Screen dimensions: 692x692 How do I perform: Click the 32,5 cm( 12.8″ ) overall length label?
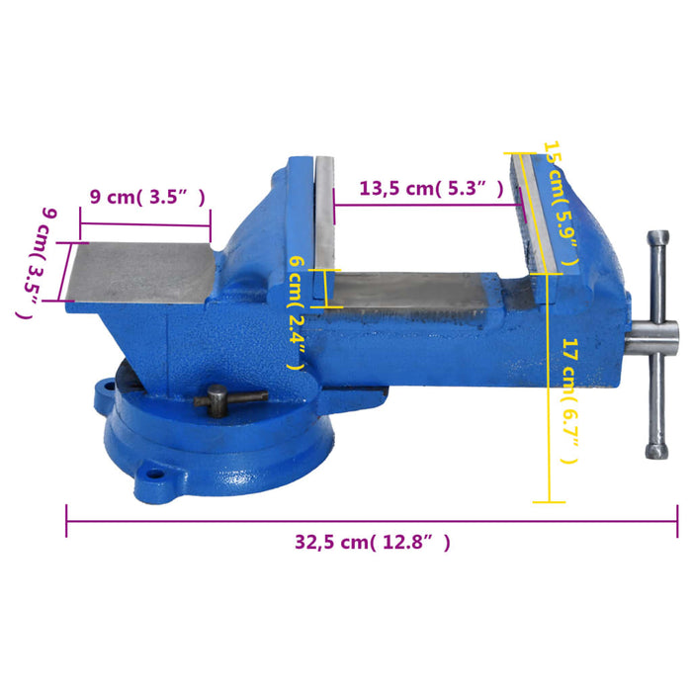[x=372, y=542]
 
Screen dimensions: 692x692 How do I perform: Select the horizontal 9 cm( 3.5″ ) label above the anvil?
[x=147, y=197]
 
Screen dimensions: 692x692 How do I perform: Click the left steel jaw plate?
[x=325, y=229]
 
